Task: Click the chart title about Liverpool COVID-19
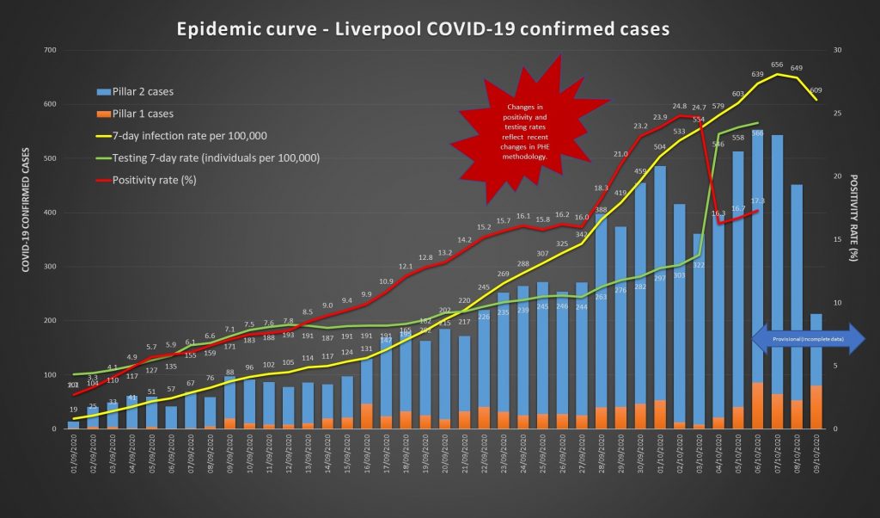pyautogui.click(x=422, y=28)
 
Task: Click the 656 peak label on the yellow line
pyautogui.click(x=777, y=65)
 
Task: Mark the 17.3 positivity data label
pyautogui.click(x=757, y=200)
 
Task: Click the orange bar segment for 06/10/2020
pyautogui.click(x=757, y=405)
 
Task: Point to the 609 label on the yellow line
pyautogui.click(x=816, y=89)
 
